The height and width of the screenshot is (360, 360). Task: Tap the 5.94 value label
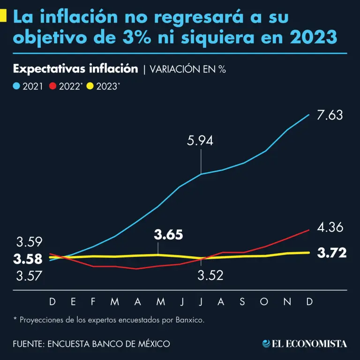pos(200,140)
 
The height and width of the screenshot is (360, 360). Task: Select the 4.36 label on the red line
pos(330,228)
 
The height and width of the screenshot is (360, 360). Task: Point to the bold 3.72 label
pos(332,253)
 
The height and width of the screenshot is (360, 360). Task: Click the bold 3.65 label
pos(168,235)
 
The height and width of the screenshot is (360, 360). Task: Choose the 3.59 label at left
pos(30,242)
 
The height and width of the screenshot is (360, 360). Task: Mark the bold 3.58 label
pos(28,259)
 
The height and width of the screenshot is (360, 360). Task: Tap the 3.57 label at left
pos(30,276)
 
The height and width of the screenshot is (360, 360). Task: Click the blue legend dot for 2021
pos(16,86)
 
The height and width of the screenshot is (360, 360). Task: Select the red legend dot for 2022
pos(53,86)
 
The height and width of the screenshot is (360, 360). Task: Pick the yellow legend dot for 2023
pos(90,86)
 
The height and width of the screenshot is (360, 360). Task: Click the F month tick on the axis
pos(93,302)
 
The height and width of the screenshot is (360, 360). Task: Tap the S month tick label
pos(242,302)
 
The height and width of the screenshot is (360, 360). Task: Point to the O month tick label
pos(264,302)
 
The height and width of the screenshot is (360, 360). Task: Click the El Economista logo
pos(305,344)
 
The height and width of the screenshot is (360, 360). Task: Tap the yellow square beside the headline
pos(4,17)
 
